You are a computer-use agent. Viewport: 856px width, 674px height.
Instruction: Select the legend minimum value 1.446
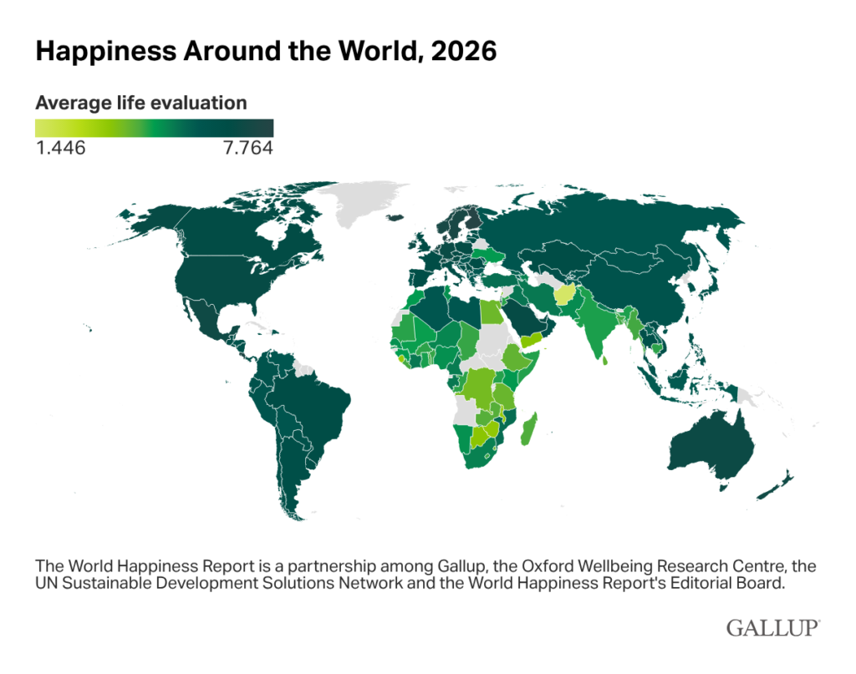click(60, 149)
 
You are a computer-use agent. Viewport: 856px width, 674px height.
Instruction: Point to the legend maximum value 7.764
click(248, 149)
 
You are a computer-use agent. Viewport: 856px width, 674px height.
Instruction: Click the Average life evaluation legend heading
click(141, 104)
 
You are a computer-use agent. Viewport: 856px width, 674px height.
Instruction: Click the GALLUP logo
click(772, 628)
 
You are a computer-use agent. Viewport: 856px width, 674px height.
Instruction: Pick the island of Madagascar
click(528, 433)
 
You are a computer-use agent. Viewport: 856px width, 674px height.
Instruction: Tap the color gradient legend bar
click(154, 128)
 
